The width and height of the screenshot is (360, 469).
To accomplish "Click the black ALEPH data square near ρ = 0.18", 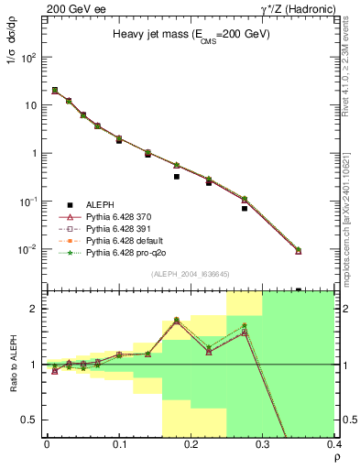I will coord(177,177).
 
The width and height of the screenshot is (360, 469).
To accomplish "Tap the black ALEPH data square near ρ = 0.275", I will coord(245,208).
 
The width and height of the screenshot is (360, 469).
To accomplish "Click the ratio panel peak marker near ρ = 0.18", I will coord(177,321).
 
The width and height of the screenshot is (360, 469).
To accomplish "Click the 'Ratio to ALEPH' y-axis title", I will coord(12,364).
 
